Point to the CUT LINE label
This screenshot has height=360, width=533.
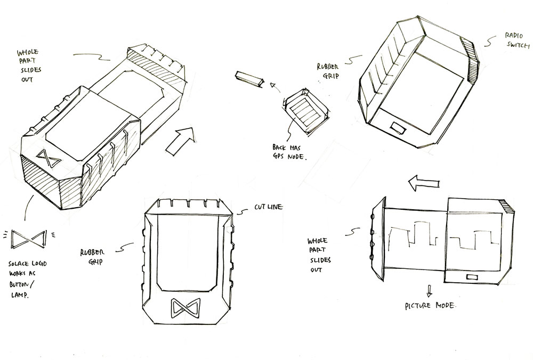pyautogui.click(x=268, y=207)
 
